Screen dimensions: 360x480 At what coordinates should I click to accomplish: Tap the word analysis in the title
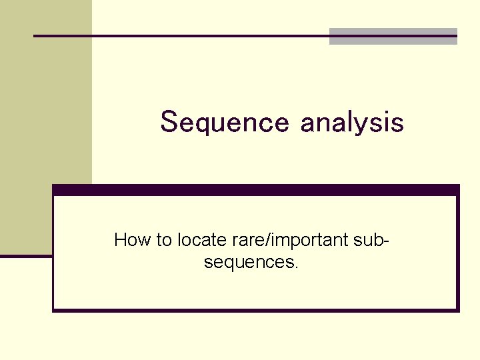pyautogui.click(x=352, y=123)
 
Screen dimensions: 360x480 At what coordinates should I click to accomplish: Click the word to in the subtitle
pyautogui.click(x=164, y=240)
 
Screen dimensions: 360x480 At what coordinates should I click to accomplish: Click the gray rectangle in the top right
pyautogui.click(x=393, y=36)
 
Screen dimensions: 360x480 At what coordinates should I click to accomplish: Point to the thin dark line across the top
pyautogui.click(x=180, y=35)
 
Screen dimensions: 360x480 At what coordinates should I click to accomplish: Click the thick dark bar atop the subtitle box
pyautogui.click(x=256, y=190)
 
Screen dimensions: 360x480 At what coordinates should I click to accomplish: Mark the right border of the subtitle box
pyautogui.click(x=458, y=253)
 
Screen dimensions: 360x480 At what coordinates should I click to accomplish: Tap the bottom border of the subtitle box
pyautogui.click(x=256, y=309)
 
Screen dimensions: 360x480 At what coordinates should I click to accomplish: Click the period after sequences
pyautogui.click(x=296, y=267)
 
